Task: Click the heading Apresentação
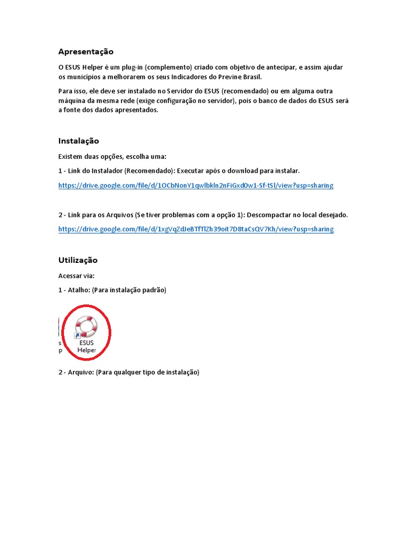coord(86,52)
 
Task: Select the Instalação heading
coord(78,141)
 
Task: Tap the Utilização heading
coord(78,260)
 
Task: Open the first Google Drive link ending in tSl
coord(195,186)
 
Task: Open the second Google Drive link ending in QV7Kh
coord(195,229)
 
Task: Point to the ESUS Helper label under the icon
coord(86,347)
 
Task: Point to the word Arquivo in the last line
coord(80,372)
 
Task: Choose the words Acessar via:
coord(76,276)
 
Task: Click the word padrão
coord(153,290)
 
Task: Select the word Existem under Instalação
coord(71,156)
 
